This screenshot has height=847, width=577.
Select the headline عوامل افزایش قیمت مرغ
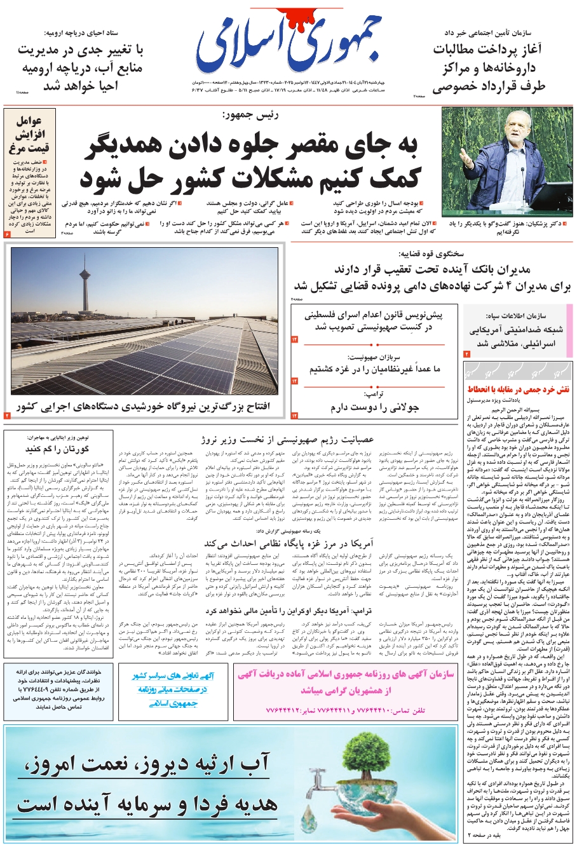29,135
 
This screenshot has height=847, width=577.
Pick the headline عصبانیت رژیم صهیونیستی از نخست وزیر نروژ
288,439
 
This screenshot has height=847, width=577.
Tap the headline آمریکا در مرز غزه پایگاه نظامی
288,543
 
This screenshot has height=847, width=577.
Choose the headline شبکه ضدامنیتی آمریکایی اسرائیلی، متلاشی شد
517,337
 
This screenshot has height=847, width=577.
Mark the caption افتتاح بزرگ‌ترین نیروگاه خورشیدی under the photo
144,406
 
